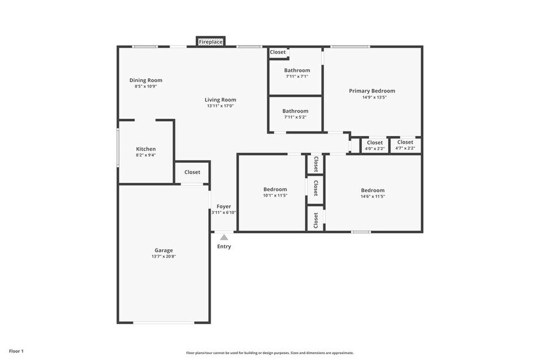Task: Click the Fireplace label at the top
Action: point(211,42)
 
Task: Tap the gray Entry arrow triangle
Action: point(224,238)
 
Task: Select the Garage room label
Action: point(163,250)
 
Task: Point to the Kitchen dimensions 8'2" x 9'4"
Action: point(146,156)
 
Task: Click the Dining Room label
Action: point(146,80)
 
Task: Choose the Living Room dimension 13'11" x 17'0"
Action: point(220,106)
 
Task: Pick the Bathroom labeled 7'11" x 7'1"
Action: point(297,70)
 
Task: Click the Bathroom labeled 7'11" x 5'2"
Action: point(295,111)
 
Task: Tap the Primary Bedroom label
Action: point(372,91)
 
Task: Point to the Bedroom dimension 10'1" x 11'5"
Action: point(275,196)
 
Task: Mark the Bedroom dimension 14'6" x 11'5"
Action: point(372,197)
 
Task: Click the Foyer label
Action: point(223,206)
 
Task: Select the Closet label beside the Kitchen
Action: point(192,172)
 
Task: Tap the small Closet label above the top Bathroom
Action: point(278,53)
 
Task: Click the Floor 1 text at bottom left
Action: point(16,351)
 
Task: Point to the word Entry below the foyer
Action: point(224,246)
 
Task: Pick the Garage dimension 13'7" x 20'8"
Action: point(163,257)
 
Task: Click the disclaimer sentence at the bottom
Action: point(269,353)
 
